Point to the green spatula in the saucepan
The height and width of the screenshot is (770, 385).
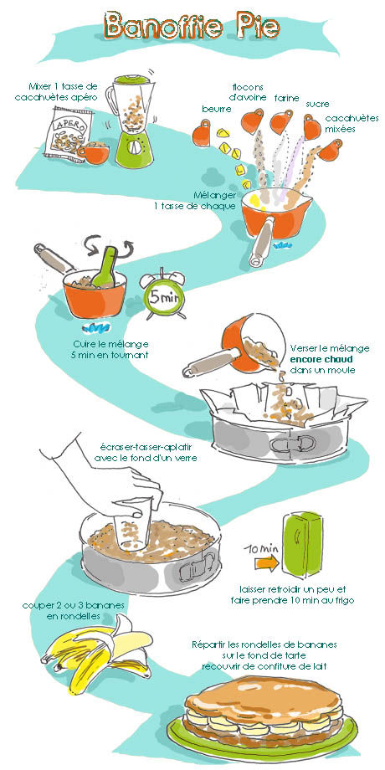point(105,267)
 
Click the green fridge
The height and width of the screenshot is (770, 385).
point(301,544)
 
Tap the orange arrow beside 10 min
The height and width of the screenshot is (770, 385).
point(266,562)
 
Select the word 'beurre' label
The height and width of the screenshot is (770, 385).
point(217,109)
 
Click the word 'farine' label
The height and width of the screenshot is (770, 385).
point(286,98)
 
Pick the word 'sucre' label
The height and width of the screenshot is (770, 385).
point(317,104)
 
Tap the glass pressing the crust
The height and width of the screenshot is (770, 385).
point(131,523)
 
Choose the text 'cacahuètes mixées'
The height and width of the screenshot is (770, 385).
point(352,124)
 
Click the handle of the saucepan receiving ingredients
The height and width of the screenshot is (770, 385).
point(261,242)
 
